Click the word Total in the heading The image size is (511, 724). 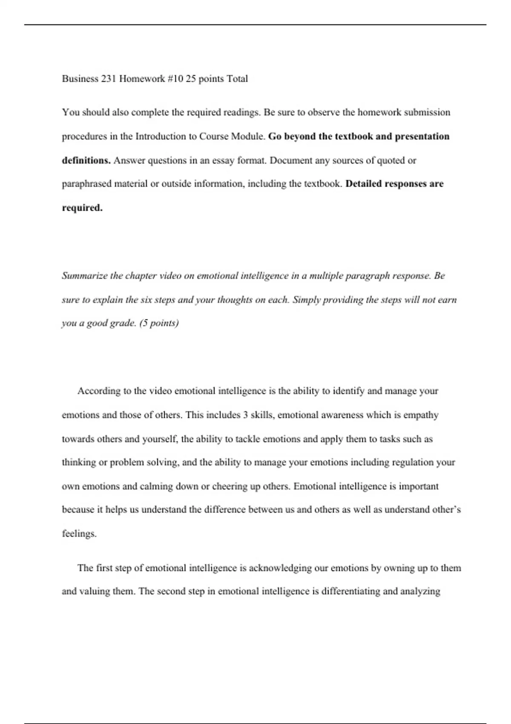pyautogui.click(x=237, y=79)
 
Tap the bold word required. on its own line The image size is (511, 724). pyautogui.click(x=82, y=208)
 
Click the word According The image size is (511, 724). pyautogui.click(x=99, y=391)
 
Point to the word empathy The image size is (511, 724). pyautogui.click(x=421, y=415)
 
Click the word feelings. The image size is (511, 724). pyautogui.click(x=79, y=534)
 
